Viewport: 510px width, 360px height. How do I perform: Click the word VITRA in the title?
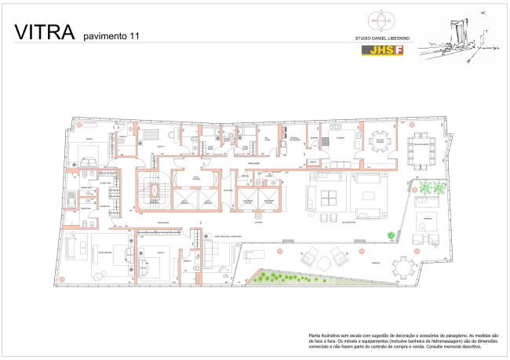pyautogui.click(x=43, y=32)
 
